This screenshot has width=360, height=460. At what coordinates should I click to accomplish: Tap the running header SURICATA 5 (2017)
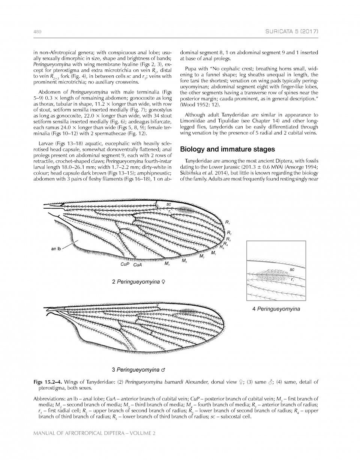pos(292,33)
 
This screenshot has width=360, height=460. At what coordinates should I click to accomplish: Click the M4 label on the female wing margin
pos(166,264)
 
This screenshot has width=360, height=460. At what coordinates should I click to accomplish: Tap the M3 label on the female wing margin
pos(184,261)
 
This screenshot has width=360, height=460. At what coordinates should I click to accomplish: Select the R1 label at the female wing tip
pos(227,223)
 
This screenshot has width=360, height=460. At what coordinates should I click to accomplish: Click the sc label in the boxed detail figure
pos(292,269)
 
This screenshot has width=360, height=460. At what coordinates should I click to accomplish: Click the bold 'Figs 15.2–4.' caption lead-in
pos(47,382)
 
